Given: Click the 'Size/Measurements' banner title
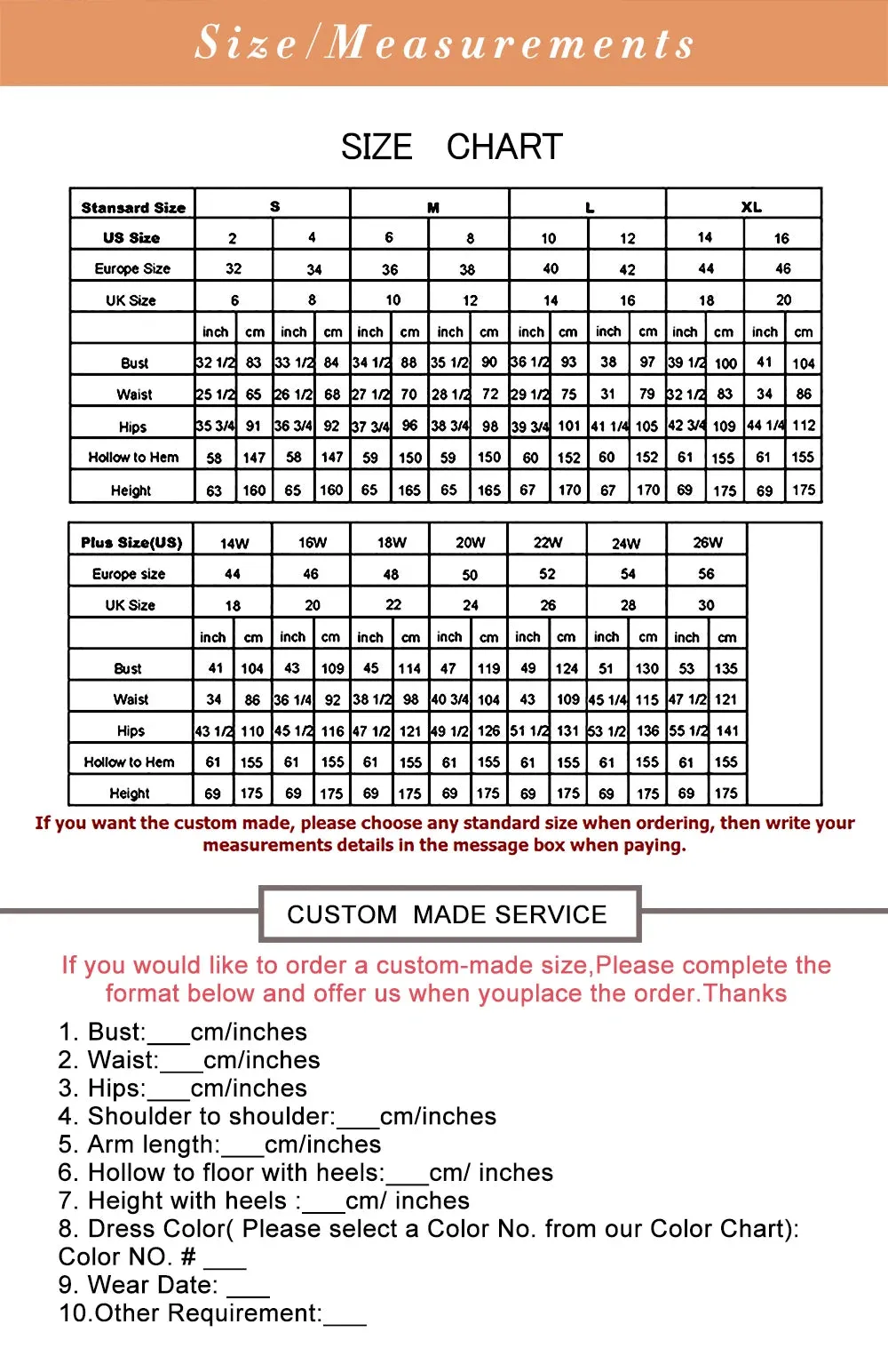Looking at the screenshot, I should click(x=444, y=43).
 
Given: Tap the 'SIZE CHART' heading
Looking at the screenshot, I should click(x=451, y=147).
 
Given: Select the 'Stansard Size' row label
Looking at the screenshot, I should click(x=133, y=207).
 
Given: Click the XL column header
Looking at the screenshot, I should click(x=751, y=207).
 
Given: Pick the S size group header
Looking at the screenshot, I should click(x=275, y=206).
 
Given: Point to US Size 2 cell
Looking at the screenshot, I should click(x=233, y=238).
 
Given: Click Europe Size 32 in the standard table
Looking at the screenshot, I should click(x=234, y=268).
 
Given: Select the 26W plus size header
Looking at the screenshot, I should click(x=708, y=542).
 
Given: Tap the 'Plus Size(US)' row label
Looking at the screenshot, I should click(x=131, y=542).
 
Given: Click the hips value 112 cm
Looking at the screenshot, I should click(x=804, y=426).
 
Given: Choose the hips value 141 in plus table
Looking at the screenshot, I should click(x=727, y=730).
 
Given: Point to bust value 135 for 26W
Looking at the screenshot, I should click(x=726, y=668).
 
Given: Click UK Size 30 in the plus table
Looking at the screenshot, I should click(x=706, y=605).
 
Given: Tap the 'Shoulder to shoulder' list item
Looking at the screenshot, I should click(x=277, y=1116).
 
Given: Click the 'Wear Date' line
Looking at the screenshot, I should click(x=164, y=1285).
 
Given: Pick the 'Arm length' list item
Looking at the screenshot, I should click(x=219, y=1145).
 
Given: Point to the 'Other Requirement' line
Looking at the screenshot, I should click(x=212, y=1313).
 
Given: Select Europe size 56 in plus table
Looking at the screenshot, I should click(x=706, y=574).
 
